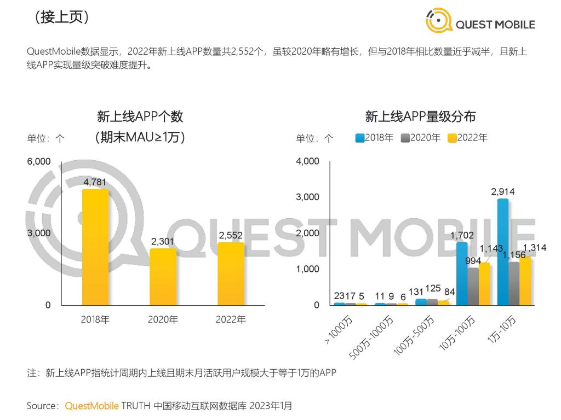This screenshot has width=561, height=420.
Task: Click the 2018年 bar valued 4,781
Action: tap(95, 247)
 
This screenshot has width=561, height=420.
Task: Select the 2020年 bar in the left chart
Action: tap(163, 277)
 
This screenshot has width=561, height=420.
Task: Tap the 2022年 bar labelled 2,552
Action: tap(231, 273)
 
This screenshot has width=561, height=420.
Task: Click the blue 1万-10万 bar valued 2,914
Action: tap(502, 252)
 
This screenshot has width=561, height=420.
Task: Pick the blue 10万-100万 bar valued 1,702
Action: tap(462, 273)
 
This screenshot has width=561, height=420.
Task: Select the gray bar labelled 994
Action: tap(473, 286)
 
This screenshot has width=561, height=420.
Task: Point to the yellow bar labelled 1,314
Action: tap(525, 281)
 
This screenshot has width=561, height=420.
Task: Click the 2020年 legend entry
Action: tap(421, 138)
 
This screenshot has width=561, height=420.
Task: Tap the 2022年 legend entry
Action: tap(467, 138)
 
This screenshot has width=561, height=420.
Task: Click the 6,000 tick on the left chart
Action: tap(39, 161)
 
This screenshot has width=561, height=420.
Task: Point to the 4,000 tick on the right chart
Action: tap(307, 161)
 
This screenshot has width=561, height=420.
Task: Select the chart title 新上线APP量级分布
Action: tap(420, 116)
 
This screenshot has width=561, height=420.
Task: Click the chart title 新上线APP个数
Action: tap(140, 116)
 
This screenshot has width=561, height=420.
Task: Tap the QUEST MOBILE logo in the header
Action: tap(480, 21)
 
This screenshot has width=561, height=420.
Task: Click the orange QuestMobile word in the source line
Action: tap(91, 406)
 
